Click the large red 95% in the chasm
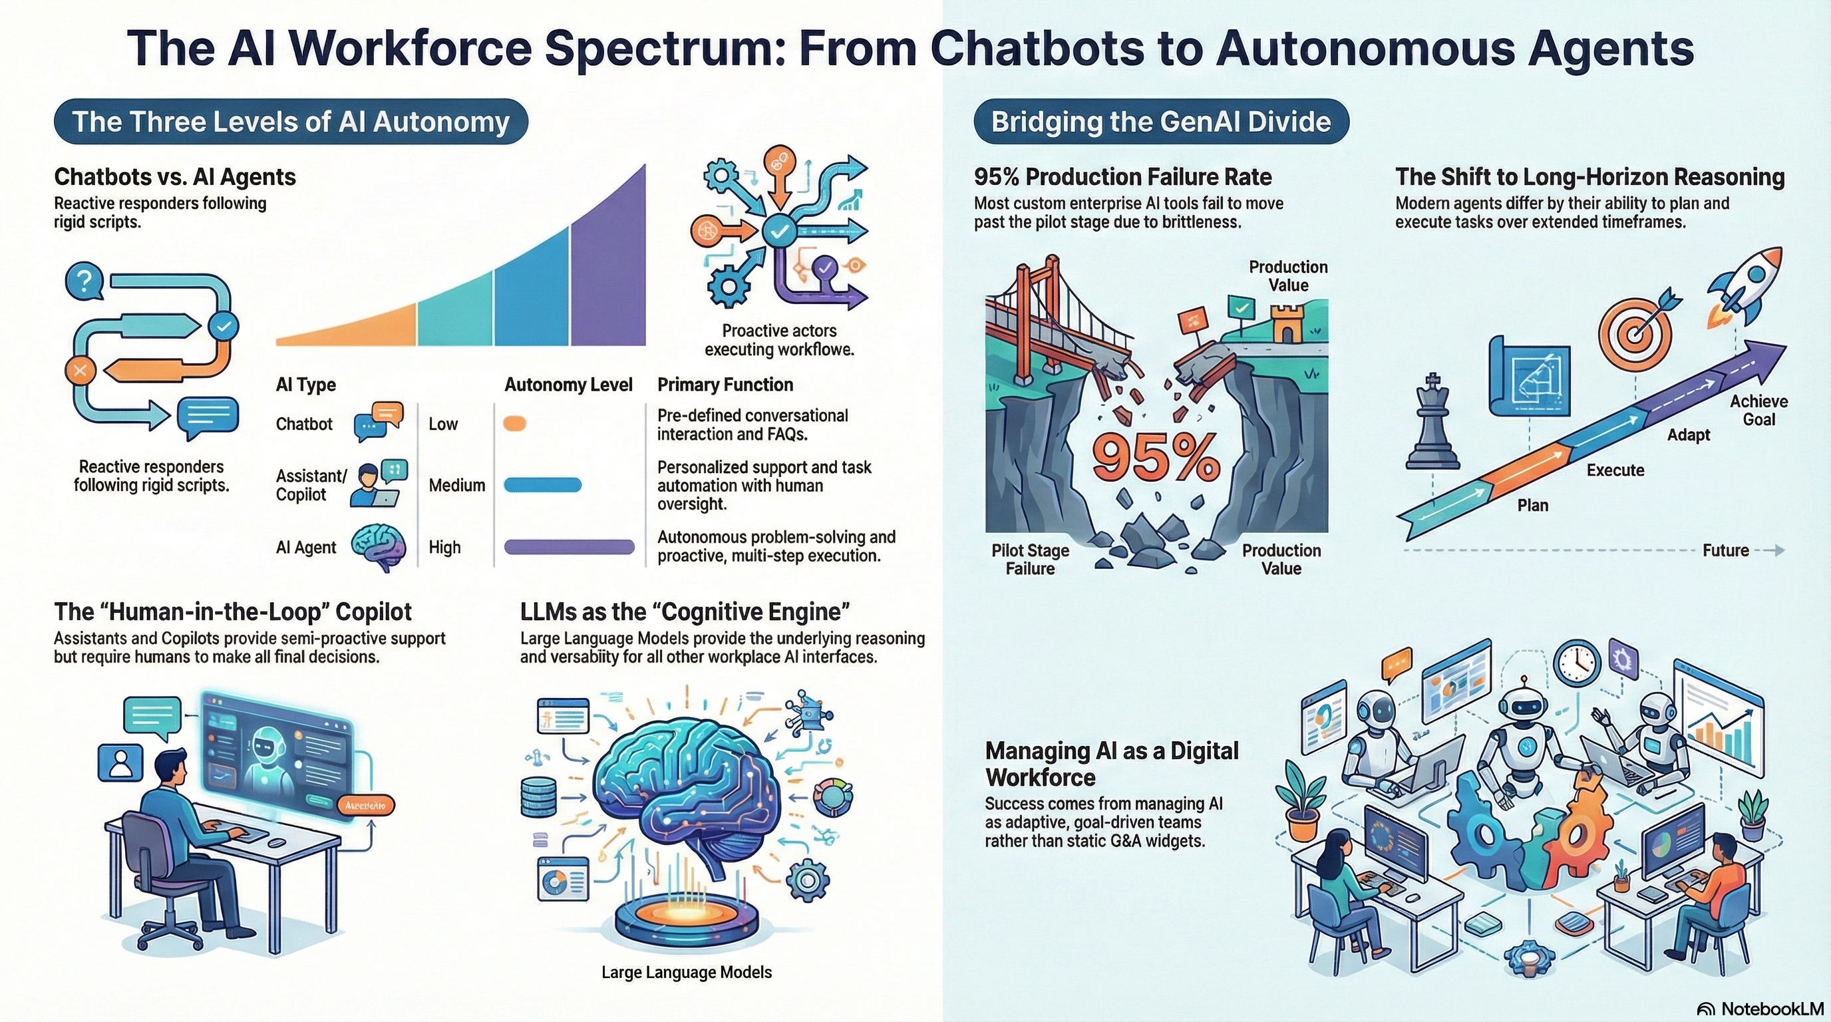point(1156,458)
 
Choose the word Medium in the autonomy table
point(456,486)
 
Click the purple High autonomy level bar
point(569,546)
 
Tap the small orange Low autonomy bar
point(514,424)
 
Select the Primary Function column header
point(725,385)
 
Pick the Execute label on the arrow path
point(1615,470)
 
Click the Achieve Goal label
point(1758,410)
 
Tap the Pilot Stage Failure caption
point(1030,560)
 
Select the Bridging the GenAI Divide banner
point(1161,122)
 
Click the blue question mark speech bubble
point(84,281)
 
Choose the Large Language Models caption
point(686,971)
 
